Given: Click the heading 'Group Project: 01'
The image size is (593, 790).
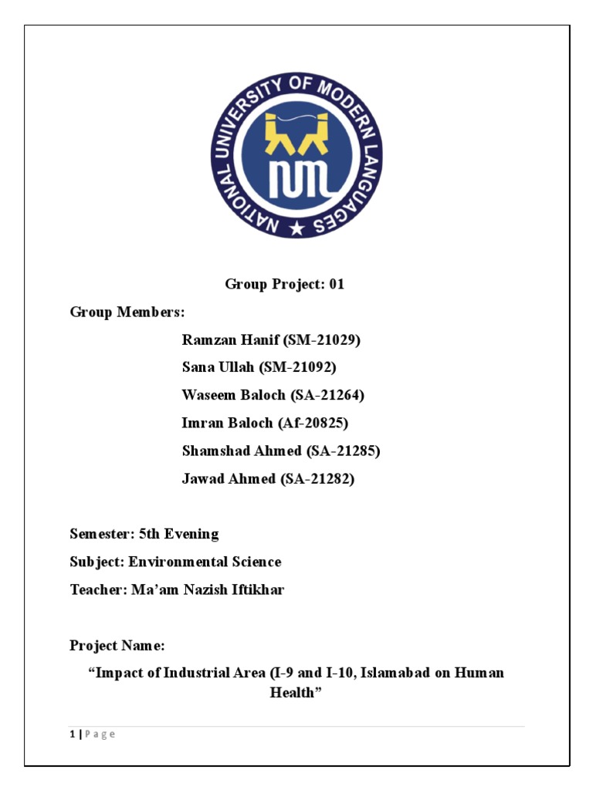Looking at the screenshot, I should coord(285,284).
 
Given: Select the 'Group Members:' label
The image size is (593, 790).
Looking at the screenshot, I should coord(127,312).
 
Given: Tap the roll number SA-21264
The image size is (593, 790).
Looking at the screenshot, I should coord(327,395).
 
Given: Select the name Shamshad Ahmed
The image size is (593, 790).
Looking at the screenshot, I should coord(241,451).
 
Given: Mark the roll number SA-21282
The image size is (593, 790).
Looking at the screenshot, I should coord(317,478).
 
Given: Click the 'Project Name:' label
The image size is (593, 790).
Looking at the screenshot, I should coord(117,645).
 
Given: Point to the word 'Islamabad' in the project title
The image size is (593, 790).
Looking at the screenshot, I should coord(393,673).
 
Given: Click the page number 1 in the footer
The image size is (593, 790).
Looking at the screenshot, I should coord(72,734).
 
